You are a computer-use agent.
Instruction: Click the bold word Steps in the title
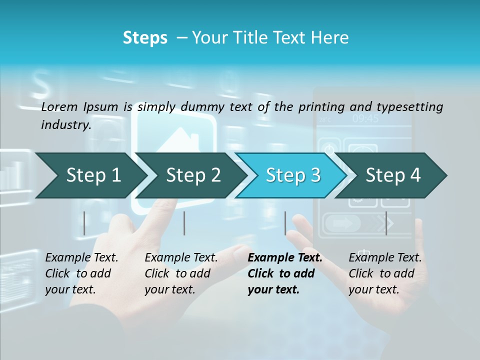(x=145, y=38)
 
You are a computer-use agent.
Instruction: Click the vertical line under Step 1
(x=84, y=223)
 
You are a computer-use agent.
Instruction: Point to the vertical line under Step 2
(x=184, y=223)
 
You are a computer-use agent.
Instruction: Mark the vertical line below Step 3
(x=285, y=223)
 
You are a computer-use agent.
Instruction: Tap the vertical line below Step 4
(x=386, y=223)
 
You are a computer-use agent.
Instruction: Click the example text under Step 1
(x=81, y=273)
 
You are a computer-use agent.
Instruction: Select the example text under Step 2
(x=181, y=273)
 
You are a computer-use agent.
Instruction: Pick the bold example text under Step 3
(x=285, y=273)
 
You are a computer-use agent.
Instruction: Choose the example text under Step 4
(x=385, y=273)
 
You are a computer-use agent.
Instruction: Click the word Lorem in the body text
(x=59, y=106)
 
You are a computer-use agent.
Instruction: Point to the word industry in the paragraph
(x=65, y=125)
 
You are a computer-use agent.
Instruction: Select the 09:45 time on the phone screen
(x=365, y=118)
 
